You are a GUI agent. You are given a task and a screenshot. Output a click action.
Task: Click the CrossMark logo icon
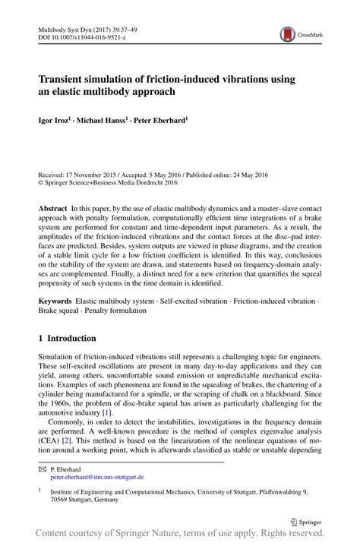click(289, 33)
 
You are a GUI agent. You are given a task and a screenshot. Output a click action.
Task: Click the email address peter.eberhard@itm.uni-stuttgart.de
click(96, 478)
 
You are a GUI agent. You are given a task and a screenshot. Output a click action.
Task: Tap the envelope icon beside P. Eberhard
click(43, 469)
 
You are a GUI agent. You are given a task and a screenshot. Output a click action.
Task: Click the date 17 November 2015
click(98, 175)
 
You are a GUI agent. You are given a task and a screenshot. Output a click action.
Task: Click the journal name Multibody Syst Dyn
click(69, 27)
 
